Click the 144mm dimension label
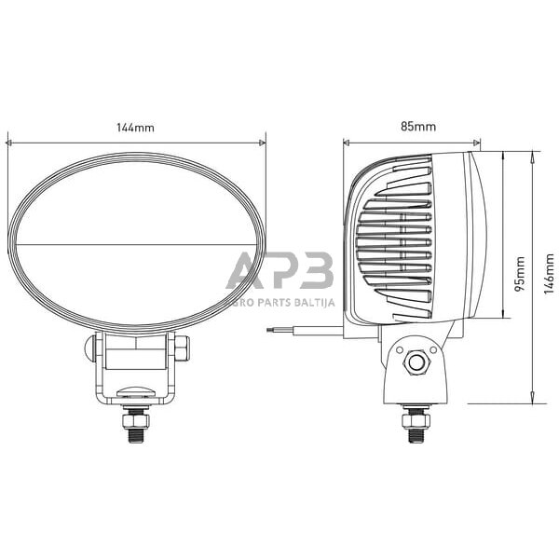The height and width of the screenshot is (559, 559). coord(137,128)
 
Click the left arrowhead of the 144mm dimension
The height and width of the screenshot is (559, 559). coord(9,143)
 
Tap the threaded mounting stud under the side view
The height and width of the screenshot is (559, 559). coord(412,424)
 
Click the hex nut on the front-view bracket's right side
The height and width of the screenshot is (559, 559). coord(181,349)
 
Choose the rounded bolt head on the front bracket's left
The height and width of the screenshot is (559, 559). coord(91,349)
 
